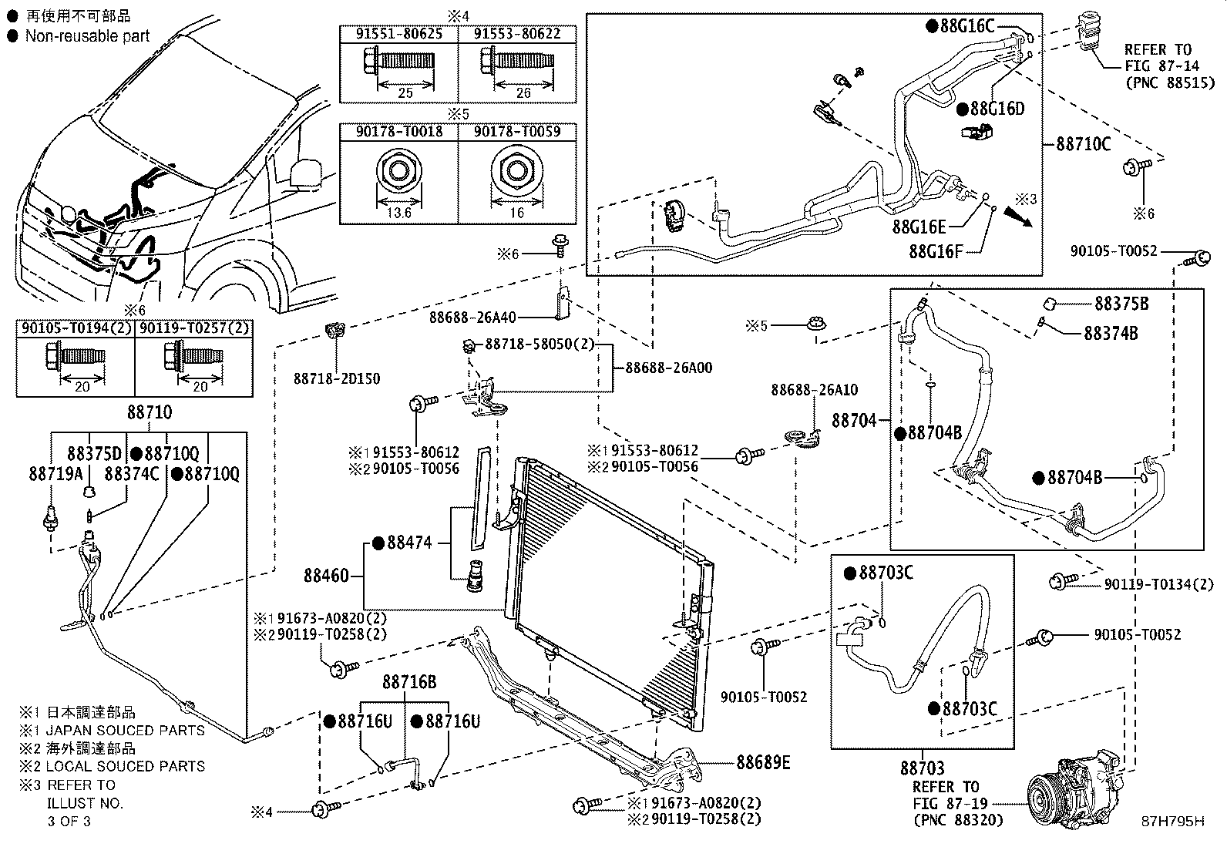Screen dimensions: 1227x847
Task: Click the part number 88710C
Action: [x=1084, y=144]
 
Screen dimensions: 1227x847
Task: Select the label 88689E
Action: [x=763, y=762]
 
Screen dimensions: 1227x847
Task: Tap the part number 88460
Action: [x=326, y=576]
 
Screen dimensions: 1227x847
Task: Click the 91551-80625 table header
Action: [x=398, y=34]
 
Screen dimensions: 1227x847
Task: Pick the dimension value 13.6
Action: [x=398, y=213]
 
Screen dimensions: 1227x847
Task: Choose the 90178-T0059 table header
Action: [x=517, y=132]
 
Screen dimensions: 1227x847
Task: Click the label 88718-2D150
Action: [x=337, y=378]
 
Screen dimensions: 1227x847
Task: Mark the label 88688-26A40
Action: [x=472, y=318]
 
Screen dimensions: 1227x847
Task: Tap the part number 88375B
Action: [x=1121, y=304]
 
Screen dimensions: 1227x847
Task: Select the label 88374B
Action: [x=1111, y=333]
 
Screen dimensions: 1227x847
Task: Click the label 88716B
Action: [x=409, y=682]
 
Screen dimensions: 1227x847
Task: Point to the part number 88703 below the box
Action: [x=923, y=768]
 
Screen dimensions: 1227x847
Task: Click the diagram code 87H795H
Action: [x=1173, y=822]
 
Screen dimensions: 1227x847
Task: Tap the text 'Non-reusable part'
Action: [x=87, y=36]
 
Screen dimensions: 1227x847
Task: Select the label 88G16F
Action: [x=936, y=251]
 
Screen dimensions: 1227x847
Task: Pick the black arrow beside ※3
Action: [x=1018, y=217]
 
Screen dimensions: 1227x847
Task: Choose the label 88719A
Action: [x=55, y=474]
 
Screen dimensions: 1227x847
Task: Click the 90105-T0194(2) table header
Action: [x=77, y=328]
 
